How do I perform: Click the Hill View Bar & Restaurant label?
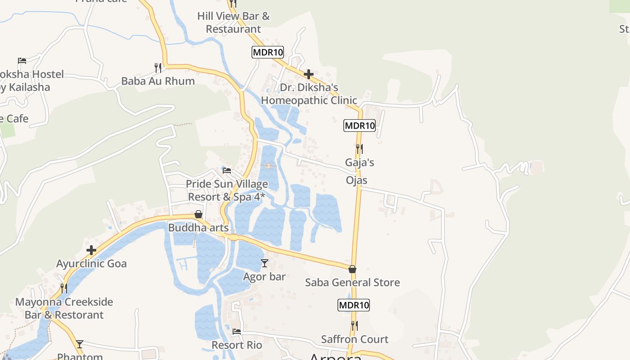[233, 22]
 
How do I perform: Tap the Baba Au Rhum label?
[158, 81]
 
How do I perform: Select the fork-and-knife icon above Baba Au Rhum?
[158, 68]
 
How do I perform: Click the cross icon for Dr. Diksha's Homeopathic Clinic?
[309, 74]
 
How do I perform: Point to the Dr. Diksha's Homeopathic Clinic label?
[309, 94]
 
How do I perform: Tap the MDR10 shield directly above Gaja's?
[360, 126]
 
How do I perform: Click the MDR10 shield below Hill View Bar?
[268, 52]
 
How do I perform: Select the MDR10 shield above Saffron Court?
[354, 305]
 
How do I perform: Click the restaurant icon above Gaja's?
[359, 148]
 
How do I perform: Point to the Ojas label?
[356, 180]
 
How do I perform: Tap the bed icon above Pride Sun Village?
[227, 171]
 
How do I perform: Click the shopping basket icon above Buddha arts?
[198, 214]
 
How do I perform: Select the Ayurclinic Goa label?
[91, 263]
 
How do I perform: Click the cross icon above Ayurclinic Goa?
[91, 250]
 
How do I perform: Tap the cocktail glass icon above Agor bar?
[265, 263]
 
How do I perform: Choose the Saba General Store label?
[352, 283]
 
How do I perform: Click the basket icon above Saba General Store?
[352, 269]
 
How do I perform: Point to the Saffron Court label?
[355, 339]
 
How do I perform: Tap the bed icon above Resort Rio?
[237, 332]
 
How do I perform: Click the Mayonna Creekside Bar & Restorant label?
[64, 308]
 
